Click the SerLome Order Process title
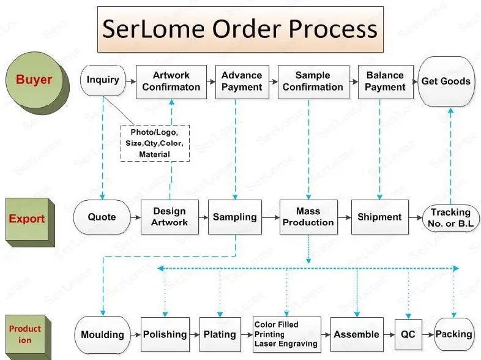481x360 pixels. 240,29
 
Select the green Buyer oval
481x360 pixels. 34,80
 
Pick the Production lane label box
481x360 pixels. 25,334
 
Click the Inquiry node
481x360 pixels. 102,81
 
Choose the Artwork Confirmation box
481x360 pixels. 171,81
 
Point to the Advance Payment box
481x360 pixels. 241,81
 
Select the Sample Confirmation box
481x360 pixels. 313,81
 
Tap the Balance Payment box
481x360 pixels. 385,81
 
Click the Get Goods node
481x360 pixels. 446,81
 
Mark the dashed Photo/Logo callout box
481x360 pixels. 154,143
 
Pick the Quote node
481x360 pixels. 102,217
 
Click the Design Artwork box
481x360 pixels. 170,217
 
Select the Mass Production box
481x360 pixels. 308,217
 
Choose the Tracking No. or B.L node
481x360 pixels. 450,217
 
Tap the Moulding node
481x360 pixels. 102,335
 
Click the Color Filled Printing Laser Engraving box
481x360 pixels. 286,335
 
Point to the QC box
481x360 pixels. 408,335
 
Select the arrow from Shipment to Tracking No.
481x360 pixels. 416,217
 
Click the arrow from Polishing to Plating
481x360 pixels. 194,335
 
